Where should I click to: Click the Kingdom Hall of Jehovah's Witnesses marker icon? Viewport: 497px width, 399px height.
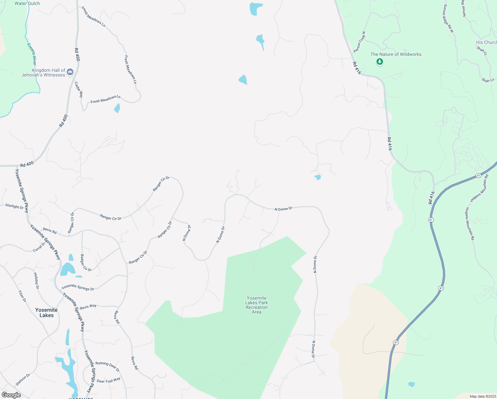click(x=70, y=72)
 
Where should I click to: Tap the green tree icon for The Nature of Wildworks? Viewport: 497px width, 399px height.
click(x=380, y=62)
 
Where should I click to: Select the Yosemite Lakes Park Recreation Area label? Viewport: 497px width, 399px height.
click(x=256, y=305)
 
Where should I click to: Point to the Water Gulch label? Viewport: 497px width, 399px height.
click(x=27, y=3)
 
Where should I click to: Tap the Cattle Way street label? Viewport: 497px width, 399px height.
click(x=79, y=89)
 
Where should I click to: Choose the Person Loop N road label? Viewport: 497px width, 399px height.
click(x=359, y=42)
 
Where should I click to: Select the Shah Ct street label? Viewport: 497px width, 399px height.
click(x=482, y=51)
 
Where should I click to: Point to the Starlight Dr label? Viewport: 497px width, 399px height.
click(x=14, y=206)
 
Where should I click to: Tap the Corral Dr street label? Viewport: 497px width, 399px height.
click(x=39, y=247)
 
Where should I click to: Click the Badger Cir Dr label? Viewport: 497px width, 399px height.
click(x=86, y=263)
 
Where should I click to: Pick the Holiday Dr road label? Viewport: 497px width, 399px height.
click(x=36, y=280)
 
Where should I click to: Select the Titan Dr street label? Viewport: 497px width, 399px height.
click(x=22, y=296)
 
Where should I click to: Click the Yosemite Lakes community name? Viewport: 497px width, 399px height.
click(x=47, y=313)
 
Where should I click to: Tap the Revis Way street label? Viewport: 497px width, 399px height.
click(x=88, y=307)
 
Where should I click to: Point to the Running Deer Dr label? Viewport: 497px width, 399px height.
click(x=107, y=366)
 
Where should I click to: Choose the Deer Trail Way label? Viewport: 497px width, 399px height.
click(x=108, y=380)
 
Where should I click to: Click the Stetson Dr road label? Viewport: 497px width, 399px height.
click(x=23, y=380)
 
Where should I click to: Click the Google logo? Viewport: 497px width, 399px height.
click(x=11, y=395)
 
